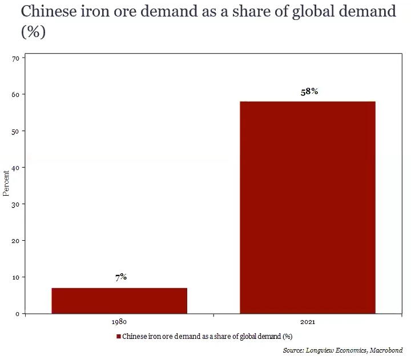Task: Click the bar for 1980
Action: tap(119, 301)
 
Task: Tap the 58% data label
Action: tap(309, 91)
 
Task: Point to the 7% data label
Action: tap(120, 277)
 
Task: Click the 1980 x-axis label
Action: tap(119, 322)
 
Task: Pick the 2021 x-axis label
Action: tap(307, 322)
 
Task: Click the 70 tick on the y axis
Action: tap(15, 58)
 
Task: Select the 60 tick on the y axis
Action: tap(15, 95)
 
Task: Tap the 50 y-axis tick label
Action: tap(15, 131)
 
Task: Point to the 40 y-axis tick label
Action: tap(15, 168)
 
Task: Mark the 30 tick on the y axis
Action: tap(15, 204)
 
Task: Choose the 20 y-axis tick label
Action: tap(15, 241)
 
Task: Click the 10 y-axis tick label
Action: tap(15, 277)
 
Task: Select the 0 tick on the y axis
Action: tap(17, 314)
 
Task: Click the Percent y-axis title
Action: tap(6, 183)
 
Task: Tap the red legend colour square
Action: tap(119, 336)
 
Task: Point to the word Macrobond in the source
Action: tap(386, 350)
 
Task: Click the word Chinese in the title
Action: tap(48, 12)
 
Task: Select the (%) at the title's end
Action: tap(33, 32)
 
